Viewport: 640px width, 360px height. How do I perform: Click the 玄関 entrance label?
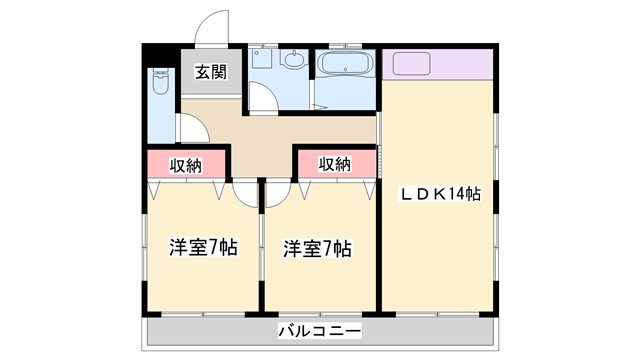pos(209,72)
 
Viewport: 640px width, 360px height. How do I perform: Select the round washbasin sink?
pos(294,61)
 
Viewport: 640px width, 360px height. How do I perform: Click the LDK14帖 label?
pos(441,194)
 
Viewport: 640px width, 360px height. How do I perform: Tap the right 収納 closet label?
pos(335,164)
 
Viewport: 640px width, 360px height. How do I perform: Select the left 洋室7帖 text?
pos(202,247)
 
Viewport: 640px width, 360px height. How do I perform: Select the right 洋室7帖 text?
pos(316,247)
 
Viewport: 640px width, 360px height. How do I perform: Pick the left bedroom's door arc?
pos(246,194)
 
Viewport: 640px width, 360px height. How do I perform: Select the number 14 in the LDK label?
pos(462,194)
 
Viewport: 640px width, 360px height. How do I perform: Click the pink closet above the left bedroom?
pos(188,163)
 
